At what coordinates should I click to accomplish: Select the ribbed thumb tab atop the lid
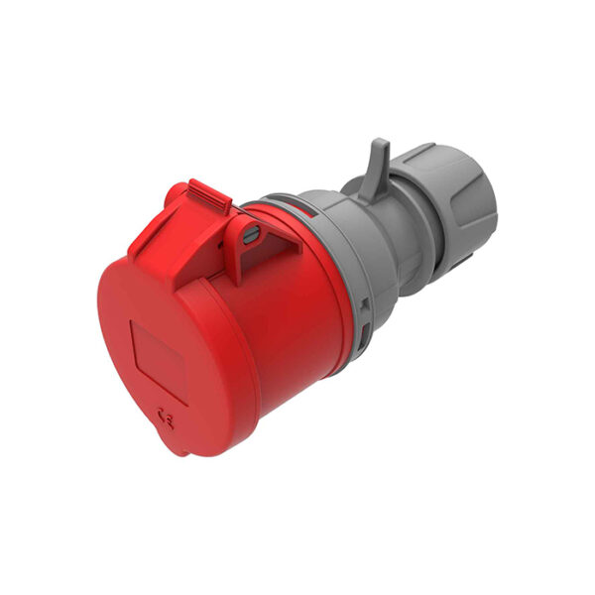click(x=209, y=194)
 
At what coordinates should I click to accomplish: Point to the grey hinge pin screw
click(x=252, y=233)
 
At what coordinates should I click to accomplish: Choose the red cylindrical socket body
click(x=297, y=317)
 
